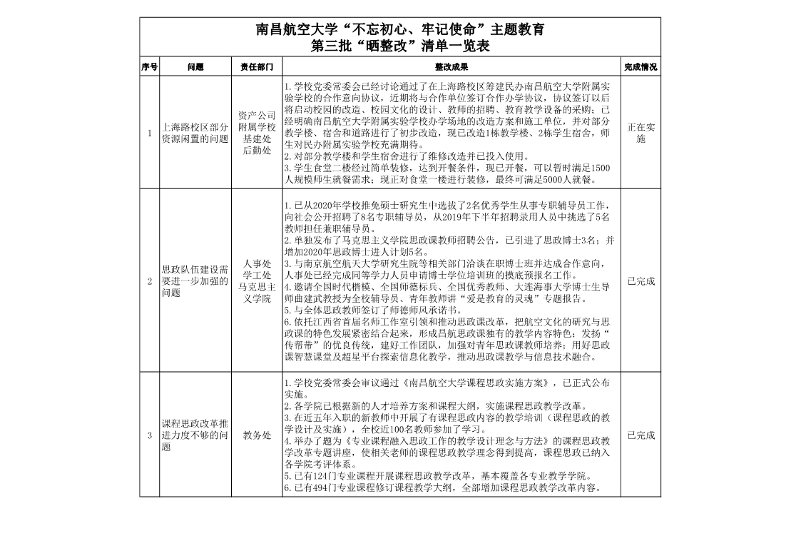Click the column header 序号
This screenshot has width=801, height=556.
click(x=150, y=66)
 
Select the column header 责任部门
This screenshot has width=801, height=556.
click(x=257, y=66)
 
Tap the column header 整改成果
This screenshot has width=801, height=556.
click(x=451, y=66)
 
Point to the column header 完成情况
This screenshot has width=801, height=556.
click(x=641, y=66)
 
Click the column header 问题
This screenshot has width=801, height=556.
click(x=195, y=66)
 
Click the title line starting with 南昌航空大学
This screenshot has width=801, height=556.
click(x=400, y=30)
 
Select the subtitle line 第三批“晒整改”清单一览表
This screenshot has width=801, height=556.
click(x=400, y=46)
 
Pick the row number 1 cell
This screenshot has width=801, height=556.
click(x=150, y=133)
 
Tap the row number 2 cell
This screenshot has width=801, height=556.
click(x=150, y=281)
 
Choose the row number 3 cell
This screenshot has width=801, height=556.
click(x=150, y=435)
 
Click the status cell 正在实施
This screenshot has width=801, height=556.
click(x=641, y=133)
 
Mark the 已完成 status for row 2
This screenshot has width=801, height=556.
click(x=641, y=281)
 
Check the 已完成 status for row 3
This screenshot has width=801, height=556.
click(x=641, y=435)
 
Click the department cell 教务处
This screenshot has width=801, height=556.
click(x=257, y=435)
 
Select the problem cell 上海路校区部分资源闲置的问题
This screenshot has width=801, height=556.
click(x=195, y=133)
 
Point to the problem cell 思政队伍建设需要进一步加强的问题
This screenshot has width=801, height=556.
click(x=195, y=281)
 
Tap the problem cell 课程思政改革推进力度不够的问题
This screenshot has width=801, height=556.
click(x=195, y=435)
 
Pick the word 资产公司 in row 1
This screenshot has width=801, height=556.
click(x=257, y=115)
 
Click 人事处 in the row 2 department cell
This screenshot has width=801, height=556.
click(x=257, y=263)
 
